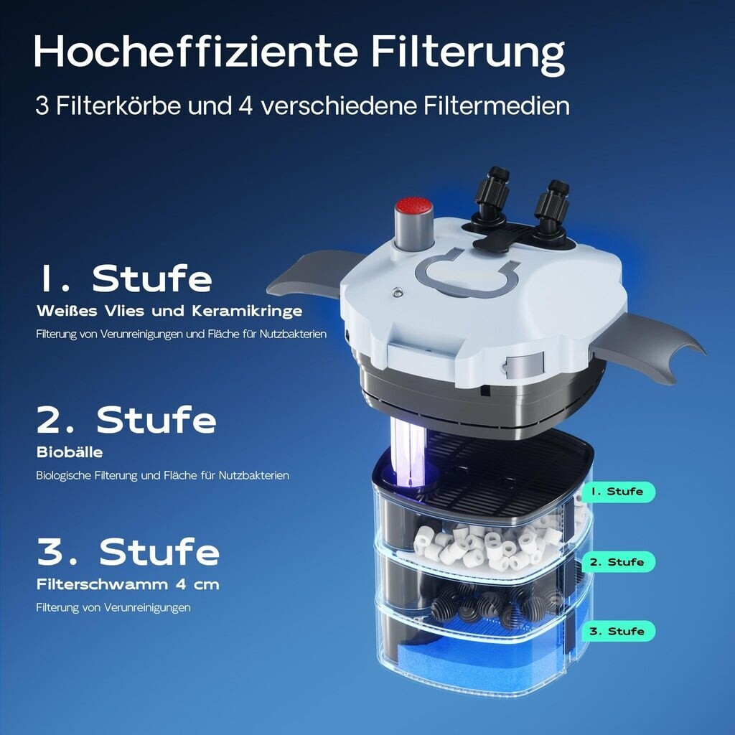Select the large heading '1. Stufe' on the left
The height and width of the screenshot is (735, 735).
click(x=125, y=278)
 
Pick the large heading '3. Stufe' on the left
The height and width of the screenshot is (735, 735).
click(x=128, y=551)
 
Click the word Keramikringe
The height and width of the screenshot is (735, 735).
click(x=247, y=312)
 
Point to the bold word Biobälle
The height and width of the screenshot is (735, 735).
click(x=70, y=452)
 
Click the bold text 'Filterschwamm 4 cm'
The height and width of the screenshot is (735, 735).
click(x=128, y=584)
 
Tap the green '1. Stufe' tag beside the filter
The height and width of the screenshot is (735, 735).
click(x=618, y=492)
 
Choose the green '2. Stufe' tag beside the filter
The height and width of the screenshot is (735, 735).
click(x=618, y=562)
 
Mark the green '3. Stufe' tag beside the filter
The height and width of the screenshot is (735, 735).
click(x=618, y=632)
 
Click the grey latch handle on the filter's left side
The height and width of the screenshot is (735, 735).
click(x=309, y=276)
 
